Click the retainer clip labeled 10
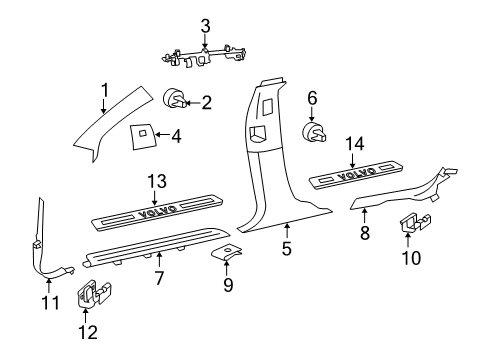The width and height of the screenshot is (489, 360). point(415,253)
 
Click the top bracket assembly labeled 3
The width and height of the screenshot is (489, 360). point(205,57)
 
